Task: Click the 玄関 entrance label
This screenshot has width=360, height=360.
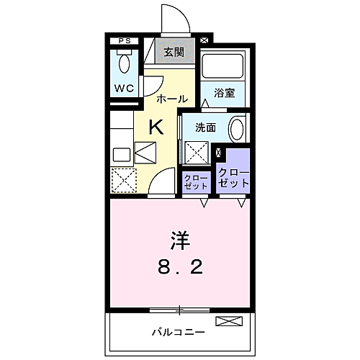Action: (174, 52)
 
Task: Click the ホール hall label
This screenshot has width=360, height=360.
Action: (171, 98)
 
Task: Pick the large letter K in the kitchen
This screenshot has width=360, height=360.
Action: (155, 127)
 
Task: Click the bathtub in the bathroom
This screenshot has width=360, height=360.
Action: (222, 67)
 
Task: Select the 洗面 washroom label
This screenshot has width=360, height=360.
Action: (206, 128)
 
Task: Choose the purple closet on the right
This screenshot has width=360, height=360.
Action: (233, 176)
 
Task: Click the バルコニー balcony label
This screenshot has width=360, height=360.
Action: (178, 332)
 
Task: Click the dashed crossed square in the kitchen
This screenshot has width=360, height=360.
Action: (123, 179)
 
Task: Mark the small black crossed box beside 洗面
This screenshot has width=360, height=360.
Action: (220, 153)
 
